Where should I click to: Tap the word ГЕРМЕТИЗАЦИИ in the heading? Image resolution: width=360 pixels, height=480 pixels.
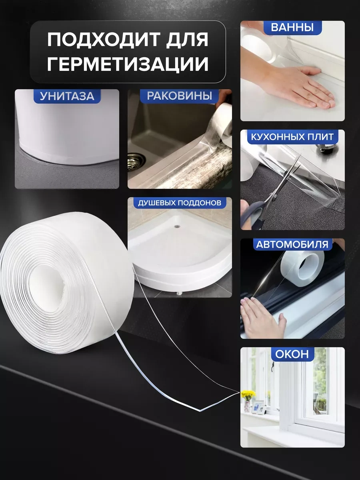point(128,64)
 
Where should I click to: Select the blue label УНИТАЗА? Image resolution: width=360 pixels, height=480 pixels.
point(67,96)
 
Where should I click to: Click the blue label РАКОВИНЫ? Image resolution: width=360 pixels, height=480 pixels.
point(179,96)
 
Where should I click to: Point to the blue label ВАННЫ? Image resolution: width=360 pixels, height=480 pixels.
point(292,28)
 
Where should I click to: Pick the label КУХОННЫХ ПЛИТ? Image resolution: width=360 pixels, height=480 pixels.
point(292,137)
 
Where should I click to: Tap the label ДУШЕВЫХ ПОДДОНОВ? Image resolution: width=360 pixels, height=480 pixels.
point(180,203)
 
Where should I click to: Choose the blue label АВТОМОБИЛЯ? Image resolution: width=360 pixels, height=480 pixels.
point(292,244)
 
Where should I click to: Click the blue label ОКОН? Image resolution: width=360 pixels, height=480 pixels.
point(292,354)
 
